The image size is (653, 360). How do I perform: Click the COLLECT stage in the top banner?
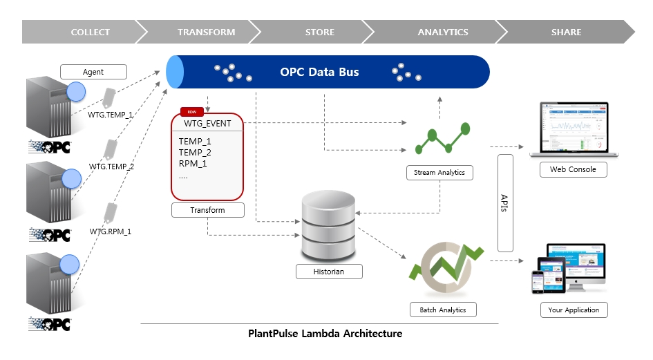(90, 32)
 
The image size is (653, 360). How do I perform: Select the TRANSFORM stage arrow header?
(206, 32)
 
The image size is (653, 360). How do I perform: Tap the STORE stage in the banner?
(319, 32)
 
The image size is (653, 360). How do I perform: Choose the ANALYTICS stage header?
(442, 32)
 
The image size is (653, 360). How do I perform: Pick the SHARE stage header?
(566, 32)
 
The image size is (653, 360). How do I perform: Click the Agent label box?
(93, 72)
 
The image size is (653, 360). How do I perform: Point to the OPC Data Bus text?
(319, 72)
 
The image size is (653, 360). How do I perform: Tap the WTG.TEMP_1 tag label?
(111, 115)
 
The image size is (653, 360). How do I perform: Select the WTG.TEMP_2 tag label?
(111, 167)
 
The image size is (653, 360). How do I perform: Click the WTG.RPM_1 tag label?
(110, 231)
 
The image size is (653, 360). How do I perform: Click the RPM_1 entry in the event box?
(193, 164)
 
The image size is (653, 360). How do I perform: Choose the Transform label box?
(208, 210)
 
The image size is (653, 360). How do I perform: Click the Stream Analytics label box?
(439, 172)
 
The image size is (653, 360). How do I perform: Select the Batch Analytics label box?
(443, 310)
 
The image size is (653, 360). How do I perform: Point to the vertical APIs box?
(505, 203)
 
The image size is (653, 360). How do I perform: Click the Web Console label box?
(573, 169)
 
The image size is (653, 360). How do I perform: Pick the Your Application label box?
(574, 310)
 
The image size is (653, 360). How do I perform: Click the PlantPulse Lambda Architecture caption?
(325, 334)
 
